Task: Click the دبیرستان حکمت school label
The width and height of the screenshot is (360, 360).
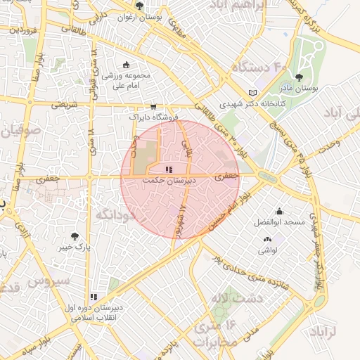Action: [168, 180]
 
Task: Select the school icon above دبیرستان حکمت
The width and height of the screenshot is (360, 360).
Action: [168, 169]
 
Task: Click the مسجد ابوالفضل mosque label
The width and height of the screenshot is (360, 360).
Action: [279, 222]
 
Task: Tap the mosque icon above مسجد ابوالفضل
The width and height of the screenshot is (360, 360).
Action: [279, 211]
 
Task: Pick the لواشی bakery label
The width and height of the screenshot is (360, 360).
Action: [268, 250]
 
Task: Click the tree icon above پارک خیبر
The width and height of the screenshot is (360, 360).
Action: [75, 236]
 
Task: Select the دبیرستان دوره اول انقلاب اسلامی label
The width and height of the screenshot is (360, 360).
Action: [95, 311]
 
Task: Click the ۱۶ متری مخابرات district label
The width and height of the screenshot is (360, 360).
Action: [223, 334]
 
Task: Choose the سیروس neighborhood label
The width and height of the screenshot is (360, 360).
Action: [50, 280]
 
